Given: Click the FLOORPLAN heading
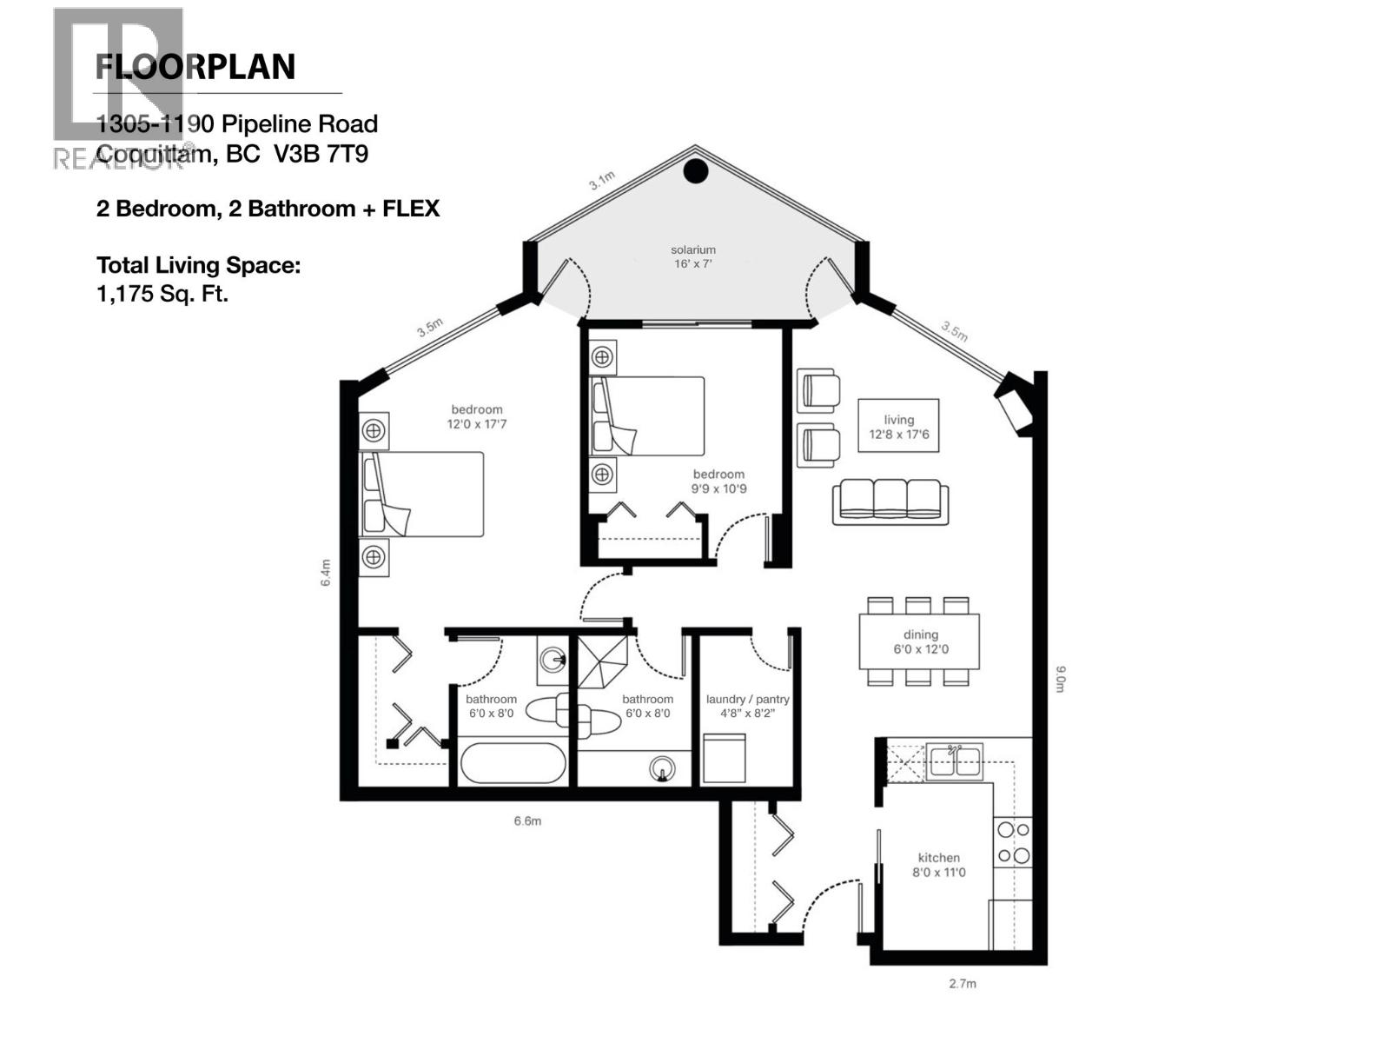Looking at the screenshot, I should click(195, 67).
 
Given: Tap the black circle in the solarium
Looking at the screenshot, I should click(696, 171).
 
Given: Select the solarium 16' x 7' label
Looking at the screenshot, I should click(692, 256).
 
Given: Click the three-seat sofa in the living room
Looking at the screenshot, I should click(890, 502).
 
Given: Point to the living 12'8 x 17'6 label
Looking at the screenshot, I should click(898, 426).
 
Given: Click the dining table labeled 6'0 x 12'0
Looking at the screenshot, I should click(920, 641).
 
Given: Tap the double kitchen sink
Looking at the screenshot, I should click(955, 762).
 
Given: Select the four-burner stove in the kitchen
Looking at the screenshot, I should click(1013, 842).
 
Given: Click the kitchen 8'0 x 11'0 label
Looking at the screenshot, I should click(938, 865).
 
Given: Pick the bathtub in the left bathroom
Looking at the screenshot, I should click(513, 763).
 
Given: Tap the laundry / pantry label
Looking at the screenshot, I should click(747, 706).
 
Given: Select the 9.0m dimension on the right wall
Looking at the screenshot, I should click(1060, 679).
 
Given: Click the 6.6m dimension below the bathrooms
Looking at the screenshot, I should click(527, 820).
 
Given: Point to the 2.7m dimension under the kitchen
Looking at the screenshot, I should click(962, 984).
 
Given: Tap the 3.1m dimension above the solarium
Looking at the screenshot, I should click(601, 181).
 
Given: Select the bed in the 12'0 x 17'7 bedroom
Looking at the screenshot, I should click(423, 494).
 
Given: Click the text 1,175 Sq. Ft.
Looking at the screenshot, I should click(162, 294).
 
